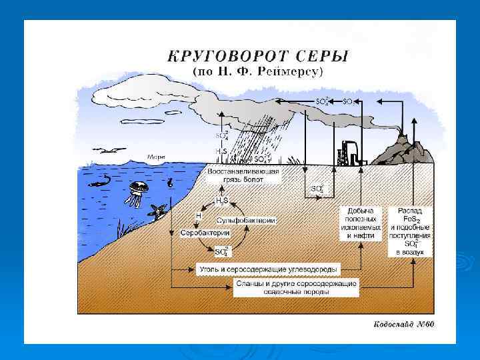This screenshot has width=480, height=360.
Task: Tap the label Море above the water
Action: pyautogui.click(x=157, y=157)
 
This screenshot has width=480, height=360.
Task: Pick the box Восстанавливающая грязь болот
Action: pyautogui.click(x=244, y=177)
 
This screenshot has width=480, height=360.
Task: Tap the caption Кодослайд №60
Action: pyautogui.click(x=404, y=325)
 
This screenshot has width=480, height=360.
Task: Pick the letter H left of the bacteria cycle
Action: pyautogui.click(x=198, y=216)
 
